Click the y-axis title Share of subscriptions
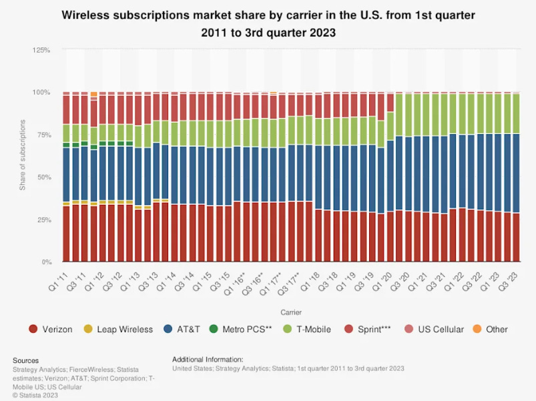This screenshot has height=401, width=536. (23, 155)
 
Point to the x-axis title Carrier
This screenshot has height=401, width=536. (290, 311)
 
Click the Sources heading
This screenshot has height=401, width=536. (26, 360)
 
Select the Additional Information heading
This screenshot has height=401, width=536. (208, 359)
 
